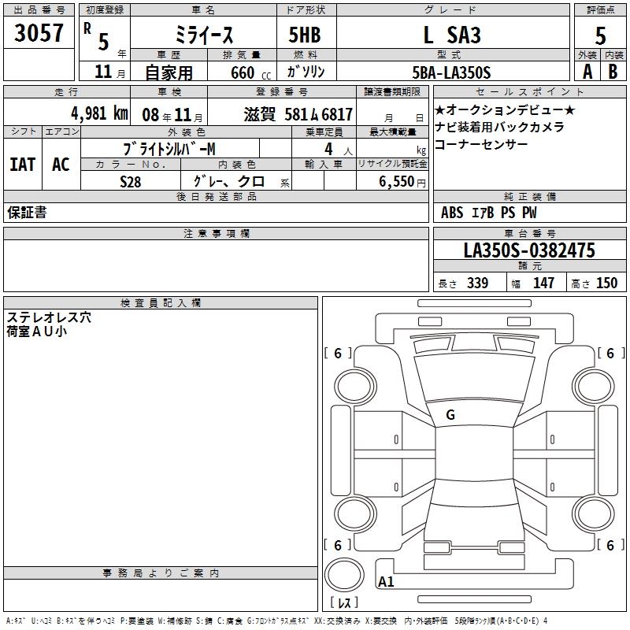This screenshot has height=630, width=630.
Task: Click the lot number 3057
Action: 39,32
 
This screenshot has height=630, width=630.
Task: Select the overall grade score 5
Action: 600,35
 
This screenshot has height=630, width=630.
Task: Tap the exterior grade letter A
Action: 587,72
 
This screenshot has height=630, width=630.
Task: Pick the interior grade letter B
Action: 613,72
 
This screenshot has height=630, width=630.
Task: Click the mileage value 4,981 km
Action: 99,113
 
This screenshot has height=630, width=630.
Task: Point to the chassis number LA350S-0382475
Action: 529,250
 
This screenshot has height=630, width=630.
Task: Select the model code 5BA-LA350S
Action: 451,72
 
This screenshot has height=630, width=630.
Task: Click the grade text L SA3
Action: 452,35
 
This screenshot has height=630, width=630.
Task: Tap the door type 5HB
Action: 305,35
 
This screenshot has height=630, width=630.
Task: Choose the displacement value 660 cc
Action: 250,73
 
